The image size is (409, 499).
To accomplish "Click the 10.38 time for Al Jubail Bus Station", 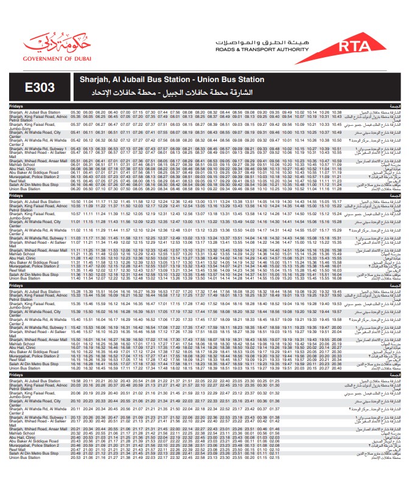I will [x=337, y=113].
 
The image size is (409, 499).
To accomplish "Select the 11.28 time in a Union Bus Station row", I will [x=337, y=189].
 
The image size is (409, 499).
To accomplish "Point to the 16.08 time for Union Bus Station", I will [x=337, y=279].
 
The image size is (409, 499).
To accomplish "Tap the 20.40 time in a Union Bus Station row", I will [x=337, y=368].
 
